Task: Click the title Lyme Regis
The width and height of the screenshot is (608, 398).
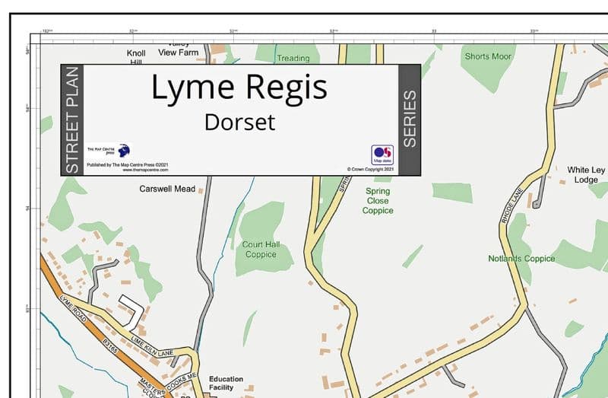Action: point(239,88)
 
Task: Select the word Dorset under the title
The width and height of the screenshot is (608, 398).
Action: point(239,122)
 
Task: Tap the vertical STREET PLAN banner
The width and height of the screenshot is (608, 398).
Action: point(72,120)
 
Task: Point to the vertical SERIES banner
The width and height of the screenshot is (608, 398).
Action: point(410,119)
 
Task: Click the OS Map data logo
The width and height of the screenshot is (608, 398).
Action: point(382,154)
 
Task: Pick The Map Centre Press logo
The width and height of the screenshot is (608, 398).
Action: point(124,151)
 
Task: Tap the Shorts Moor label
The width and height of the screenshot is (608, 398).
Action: point(488,56)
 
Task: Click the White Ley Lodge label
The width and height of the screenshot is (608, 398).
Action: point(587,175)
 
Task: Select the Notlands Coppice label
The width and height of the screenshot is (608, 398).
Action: point(521,259)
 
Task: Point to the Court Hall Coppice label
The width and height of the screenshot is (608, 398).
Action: point(261,250)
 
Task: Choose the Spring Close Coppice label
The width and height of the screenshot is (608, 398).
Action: point(378,201)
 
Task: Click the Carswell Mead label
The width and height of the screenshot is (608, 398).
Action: point(167,189)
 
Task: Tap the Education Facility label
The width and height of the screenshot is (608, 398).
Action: point(226,383)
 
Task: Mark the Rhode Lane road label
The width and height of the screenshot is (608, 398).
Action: point(509,204)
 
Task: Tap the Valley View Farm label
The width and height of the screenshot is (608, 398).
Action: point(178,48)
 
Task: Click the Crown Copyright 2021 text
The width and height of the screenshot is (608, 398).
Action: point(369,169)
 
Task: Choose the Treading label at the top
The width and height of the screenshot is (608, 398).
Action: point(293,58)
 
